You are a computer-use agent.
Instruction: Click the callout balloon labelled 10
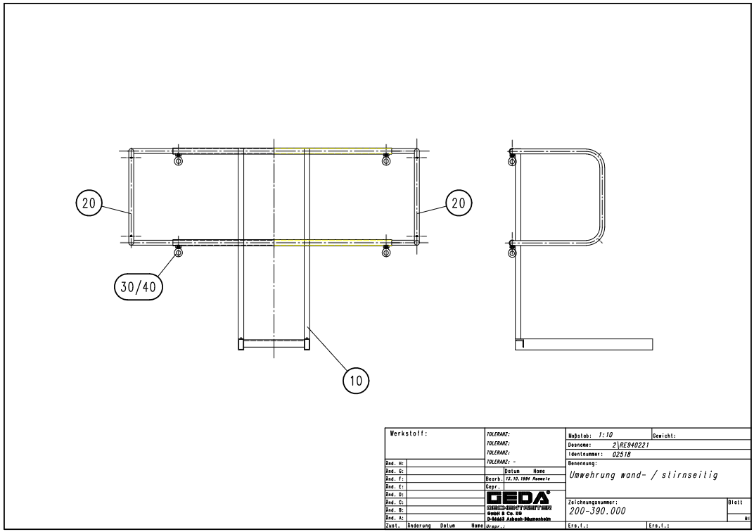[x=356, y=381]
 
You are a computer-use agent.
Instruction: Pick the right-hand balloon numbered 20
[x=459, y=203]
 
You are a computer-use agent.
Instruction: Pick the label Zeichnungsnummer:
[x=592, y=501]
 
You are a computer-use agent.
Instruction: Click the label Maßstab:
[x=581, y=436]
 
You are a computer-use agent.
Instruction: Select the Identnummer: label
[x=585, y=454]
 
